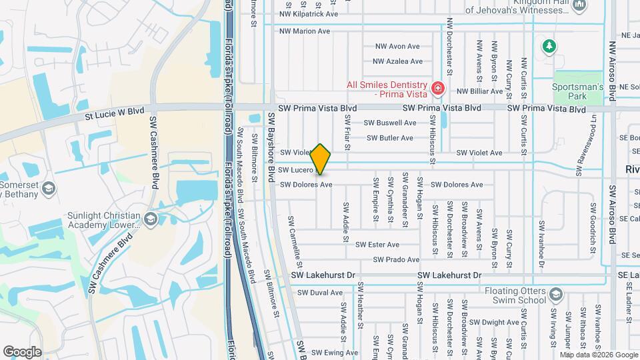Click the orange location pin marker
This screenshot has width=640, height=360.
point(321,159)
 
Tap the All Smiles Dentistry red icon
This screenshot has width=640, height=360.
point(437,88)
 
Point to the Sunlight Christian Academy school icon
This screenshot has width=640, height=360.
point(151,219)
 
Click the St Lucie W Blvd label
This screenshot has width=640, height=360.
point(114,114)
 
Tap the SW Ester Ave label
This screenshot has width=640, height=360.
point(377,245)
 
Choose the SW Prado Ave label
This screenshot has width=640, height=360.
point(396,259)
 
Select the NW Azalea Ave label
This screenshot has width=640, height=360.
point(397,61)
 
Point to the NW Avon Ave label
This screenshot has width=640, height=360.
point(397,47)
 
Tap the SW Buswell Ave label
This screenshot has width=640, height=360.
point(390,123)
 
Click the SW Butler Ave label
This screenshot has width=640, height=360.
point(390,138)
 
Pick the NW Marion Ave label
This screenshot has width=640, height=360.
point(305,31)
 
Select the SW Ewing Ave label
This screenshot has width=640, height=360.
point(335,353)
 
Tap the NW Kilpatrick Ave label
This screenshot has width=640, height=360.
point(309,13)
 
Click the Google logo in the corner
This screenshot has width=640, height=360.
point(22,351)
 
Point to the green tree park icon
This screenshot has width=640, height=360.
point(548,46)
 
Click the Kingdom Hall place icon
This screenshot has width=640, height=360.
point(579,6)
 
